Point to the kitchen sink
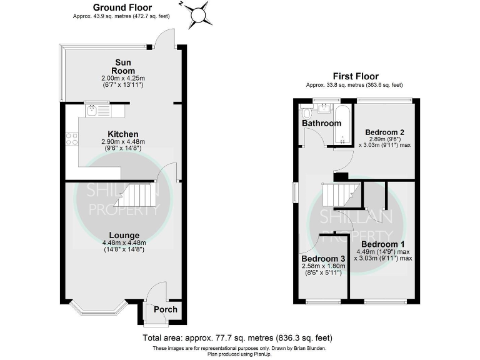[x=92, y=111]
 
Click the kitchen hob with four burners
[x=71, y=139]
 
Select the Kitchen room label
[x=122, y=134]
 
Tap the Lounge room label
[x=122, y=236]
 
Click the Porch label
[x=165, y=309]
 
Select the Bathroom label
[x=322, y=123]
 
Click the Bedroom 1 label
[x=382, y=244]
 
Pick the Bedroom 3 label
[x=323, y=259]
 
